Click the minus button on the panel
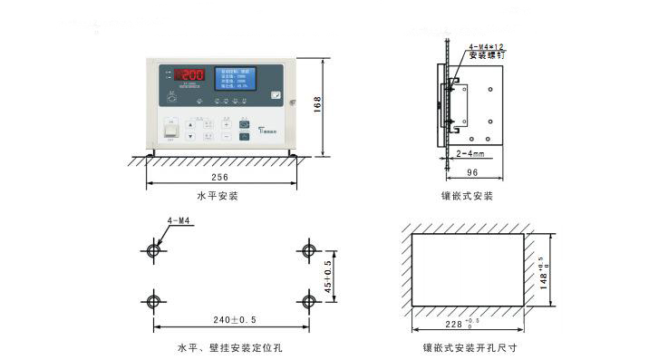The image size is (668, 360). tap(227, 136)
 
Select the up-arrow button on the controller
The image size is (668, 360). tap(190, 123)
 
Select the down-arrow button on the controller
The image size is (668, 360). tap(190, 136)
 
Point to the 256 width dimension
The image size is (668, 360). tap(218, 178)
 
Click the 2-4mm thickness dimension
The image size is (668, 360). tap(470, 154)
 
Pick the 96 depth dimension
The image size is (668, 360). tap(471, 172)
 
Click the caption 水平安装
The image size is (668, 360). tap(218, 195)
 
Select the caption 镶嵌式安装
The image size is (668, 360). tap(467, 196)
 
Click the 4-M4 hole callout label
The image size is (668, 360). tap(179, 220)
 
